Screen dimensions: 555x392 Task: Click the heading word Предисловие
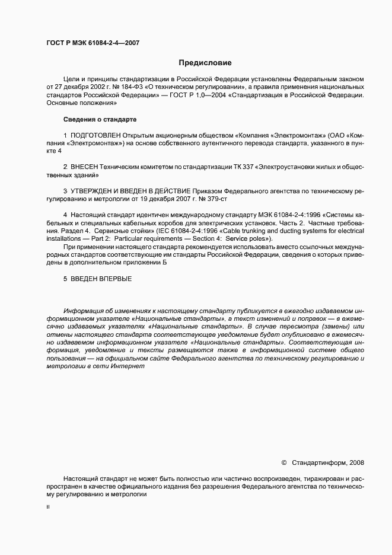pos(205,62)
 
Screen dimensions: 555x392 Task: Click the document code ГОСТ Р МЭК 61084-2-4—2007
pos(93,43)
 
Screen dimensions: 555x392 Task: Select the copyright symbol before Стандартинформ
pos(283,461)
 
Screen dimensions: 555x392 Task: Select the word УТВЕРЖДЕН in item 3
pos(93,191)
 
